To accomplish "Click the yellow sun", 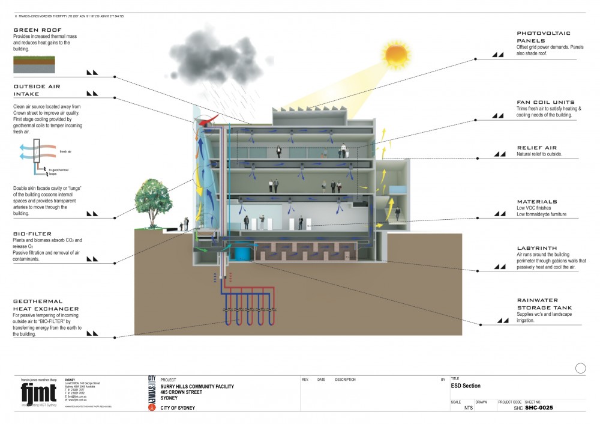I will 397,55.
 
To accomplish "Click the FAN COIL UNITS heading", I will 545,103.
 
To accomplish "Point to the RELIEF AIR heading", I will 537,147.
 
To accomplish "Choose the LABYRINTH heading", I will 537,248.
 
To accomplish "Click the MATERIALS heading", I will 537,202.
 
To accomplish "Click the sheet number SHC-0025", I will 539,408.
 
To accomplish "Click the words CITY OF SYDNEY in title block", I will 178,408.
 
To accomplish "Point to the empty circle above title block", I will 580,368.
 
